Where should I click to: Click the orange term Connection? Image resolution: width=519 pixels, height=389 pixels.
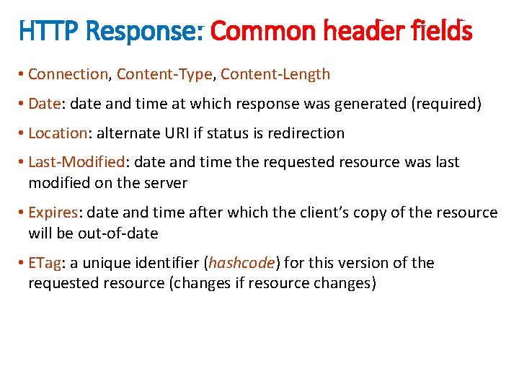click(x=68, y=74)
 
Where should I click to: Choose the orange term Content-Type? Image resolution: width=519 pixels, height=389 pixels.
click(x=164, y=74)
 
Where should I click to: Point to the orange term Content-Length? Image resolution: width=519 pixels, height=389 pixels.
click(x=275, y=74)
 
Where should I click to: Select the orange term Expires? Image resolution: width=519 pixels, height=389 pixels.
click(x=53, y=213)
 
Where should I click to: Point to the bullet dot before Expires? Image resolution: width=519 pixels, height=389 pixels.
click(x=22, y=213)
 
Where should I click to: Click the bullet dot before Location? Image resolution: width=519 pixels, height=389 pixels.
click(x=22, y=133)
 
